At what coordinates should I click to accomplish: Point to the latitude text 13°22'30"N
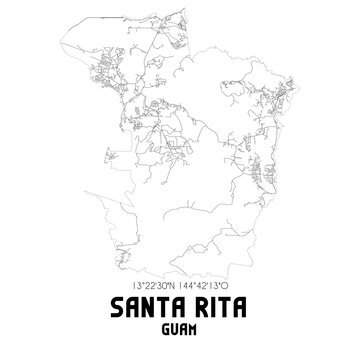click(x=147, y=283)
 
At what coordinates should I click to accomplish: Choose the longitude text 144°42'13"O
click(x=212, y=283)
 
